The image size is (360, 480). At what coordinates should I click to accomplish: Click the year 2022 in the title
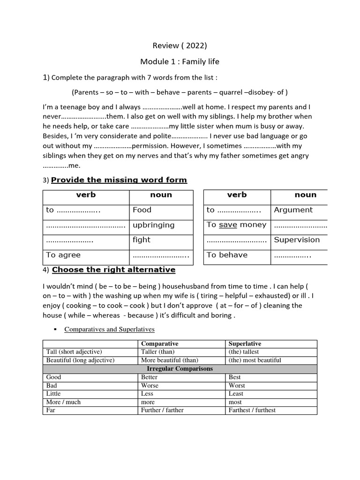click(x=194, y=45)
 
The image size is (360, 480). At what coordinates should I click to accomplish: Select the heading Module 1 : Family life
click(x=180, y=61)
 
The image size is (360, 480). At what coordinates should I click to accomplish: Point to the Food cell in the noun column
click(x=142, y=210)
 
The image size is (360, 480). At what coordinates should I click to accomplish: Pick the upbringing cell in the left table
click(x=154, y=225)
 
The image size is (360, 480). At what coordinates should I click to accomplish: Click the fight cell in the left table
click(x=142, y=240)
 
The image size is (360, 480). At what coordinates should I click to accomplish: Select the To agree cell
click(x=63, y=255)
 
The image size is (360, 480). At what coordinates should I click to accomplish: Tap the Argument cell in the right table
click(x=293, y=210)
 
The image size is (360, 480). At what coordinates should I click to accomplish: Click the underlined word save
click(x=228, y=225)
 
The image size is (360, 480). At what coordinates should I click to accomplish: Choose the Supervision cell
click(x=297, y=240)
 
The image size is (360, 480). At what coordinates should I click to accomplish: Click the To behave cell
click(x=227, y=255)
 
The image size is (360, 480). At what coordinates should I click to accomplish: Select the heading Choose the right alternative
click(x=113, y=270)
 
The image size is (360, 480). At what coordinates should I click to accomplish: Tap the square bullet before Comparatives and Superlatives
click(x=55, y=330)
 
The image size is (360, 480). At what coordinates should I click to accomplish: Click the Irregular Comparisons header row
click(x=180, y=369)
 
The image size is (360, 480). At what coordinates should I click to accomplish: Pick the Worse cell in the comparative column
click(x=150, y=385)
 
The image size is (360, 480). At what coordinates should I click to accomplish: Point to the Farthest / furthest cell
click(x=252, y=410)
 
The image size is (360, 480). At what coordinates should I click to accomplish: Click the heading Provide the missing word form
click(x=119, y=180)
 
